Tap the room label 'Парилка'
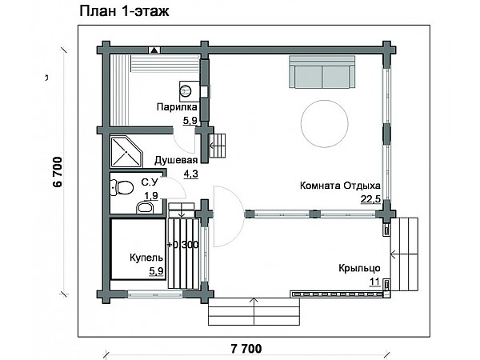(175, 106)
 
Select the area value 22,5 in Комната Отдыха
(371, 199)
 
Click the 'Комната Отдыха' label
(340, 185)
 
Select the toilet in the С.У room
(121, 188)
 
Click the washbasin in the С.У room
(144, 208)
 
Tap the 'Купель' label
(146, 258)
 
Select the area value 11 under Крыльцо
(374, 282)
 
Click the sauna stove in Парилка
(186, 90)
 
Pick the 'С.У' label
(150, 182)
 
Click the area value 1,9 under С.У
(150, 195)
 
